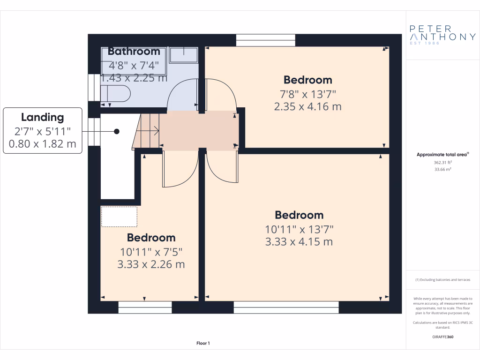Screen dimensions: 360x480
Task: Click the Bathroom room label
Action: (134, 51)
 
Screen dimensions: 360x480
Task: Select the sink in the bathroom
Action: (183, 55)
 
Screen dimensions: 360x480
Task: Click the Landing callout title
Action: (42, 118)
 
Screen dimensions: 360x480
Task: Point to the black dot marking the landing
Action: (116, 132)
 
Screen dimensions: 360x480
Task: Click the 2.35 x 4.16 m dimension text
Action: (307, 106)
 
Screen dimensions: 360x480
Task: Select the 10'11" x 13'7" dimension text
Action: (299, 229)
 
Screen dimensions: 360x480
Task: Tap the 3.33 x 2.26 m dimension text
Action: (151, 264)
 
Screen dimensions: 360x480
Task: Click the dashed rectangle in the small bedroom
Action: (119, 217)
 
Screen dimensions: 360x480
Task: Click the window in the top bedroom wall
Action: (265, 41)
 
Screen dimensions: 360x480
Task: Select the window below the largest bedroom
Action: (286, 307)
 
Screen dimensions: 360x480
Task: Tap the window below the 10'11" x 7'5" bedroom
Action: (145, 307)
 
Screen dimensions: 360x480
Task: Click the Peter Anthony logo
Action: (442, 35)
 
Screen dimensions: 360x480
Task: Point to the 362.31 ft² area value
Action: (442, 162)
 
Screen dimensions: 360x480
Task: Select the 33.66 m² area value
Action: (442, 170)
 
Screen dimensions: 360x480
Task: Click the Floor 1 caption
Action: (203, 344)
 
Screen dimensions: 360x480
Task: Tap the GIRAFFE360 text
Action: (442, 337)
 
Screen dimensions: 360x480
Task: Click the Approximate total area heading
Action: (442, 154)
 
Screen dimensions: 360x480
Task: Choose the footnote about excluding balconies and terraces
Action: (442, 280)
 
